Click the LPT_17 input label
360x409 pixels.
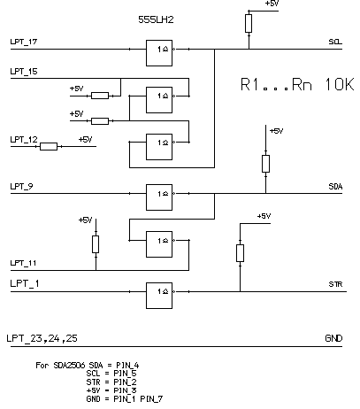point(24,42)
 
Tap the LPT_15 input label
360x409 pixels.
point(24,72)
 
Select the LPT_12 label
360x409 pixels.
point(24,139)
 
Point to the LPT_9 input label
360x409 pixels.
point(22,187)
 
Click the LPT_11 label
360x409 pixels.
point(23,263)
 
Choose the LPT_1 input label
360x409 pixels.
point(25,283)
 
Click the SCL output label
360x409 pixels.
point(335,42)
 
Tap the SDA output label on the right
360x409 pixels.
point(335,187)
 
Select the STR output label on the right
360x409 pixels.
point(335,284)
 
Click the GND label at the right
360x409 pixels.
point(333,338)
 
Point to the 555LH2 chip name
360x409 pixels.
point(156,19)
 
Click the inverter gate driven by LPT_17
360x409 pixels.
point(159,53)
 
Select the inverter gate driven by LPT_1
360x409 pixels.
point(159,296)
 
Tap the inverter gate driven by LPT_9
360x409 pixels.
point(159,197)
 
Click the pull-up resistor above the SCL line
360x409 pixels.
point(249,23)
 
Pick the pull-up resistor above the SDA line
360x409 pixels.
point(265,164)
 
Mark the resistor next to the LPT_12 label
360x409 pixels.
point(49,146)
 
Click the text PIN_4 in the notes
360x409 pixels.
point(127,366)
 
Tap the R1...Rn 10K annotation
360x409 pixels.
point(297,84)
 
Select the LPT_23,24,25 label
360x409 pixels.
point(42,338)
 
